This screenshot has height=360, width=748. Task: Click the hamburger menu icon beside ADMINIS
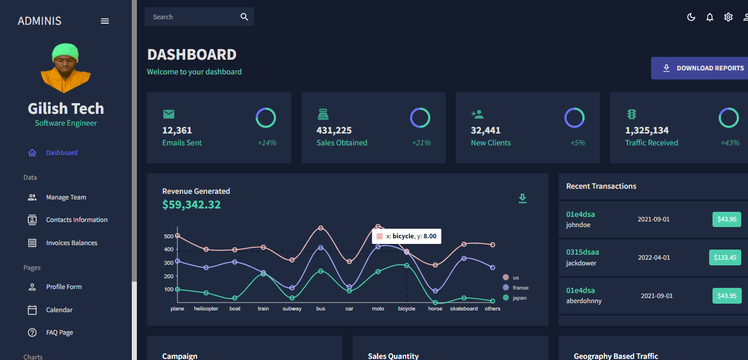point(105,21)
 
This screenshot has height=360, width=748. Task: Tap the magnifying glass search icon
point(244,17)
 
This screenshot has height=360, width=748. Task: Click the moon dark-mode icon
point(691,17)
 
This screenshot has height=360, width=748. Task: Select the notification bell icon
point(710,17)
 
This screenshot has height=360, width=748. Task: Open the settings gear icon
point(728,17)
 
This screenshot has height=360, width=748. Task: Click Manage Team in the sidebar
point(66,197)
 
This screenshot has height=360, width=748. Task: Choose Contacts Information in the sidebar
point(77,220)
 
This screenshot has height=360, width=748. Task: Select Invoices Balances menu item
point(72,243)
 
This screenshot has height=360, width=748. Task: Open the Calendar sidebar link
point(59,310)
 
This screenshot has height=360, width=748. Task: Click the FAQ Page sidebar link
point(60,332)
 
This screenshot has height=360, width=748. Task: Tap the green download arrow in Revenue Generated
point(522,198)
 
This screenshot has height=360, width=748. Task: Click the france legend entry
point(515,287)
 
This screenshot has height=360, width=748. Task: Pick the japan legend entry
point(515,297)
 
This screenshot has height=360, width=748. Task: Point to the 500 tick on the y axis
point(168,236)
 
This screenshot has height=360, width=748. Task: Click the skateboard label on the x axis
point(464,309)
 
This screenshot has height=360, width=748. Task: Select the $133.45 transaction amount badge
point(725,257)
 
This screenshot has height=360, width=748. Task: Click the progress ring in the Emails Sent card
point(266,108)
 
